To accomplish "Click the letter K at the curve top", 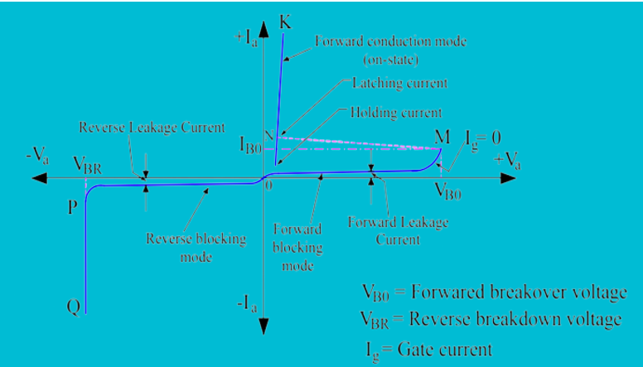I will click(285, 22).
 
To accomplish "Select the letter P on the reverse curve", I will click(73, 206).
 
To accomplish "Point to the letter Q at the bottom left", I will click(74, 307).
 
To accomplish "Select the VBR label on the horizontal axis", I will click(87, 165).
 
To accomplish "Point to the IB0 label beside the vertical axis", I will click(252, 147).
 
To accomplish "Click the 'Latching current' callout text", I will click(399, 83).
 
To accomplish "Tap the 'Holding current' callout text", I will click(395, 112).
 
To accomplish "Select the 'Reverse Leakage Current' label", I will click(152, 128).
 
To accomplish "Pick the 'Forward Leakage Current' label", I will click(399, 230).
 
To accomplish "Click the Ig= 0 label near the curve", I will click(484, 137).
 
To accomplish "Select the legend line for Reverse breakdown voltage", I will click(491, 320).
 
